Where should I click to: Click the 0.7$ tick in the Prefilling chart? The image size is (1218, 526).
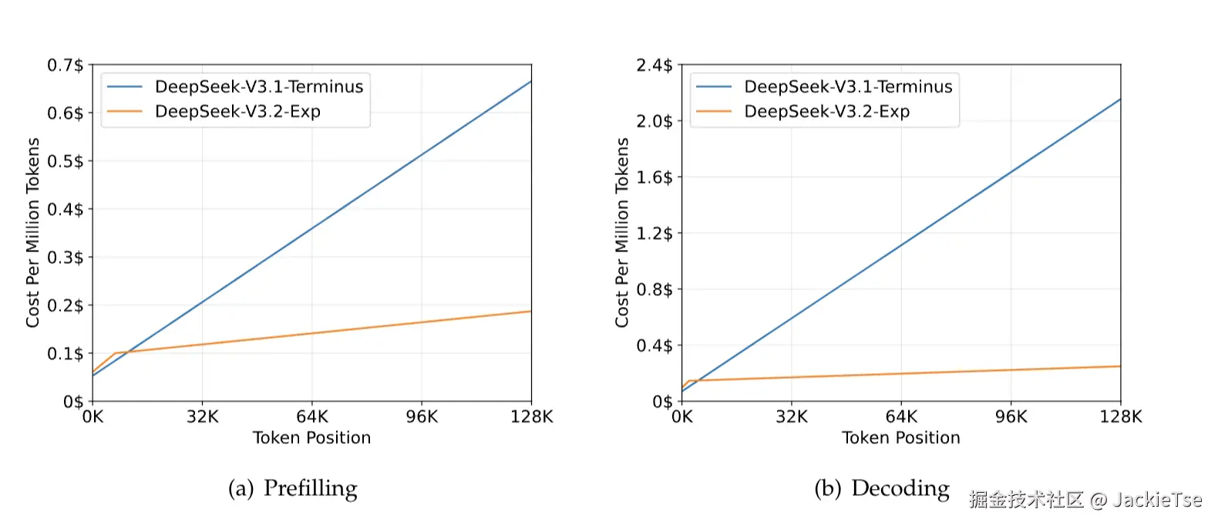66,66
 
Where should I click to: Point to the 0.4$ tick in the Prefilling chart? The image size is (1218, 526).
66,210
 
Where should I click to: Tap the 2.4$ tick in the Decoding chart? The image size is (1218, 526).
654,66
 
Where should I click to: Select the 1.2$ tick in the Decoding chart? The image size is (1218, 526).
654,234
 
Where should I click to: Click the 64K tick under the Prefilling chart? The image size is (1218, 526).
312,417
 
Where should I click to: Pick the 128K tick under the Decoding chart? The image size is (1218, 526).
1120,417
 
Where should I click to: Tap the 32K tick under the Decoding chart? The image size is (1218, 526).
792,417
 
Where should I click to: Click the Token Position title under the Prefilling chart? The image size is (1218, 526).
312,438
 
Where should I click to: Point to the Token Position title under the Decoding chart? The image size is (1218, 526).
901,438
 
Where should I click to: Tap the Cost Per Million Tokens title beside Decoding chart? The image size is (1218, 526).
622,233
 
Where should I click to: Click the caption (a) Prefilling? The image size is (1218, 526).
293,488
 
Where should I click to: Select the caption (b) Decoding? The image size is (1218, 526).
882,488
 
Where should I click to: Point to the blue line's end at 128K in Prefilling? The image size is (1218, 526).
530,82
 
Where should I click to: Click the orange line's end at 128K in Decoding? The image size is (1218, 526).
1119,366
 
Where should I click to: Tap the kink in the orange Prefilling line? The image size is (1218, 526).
115,353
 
